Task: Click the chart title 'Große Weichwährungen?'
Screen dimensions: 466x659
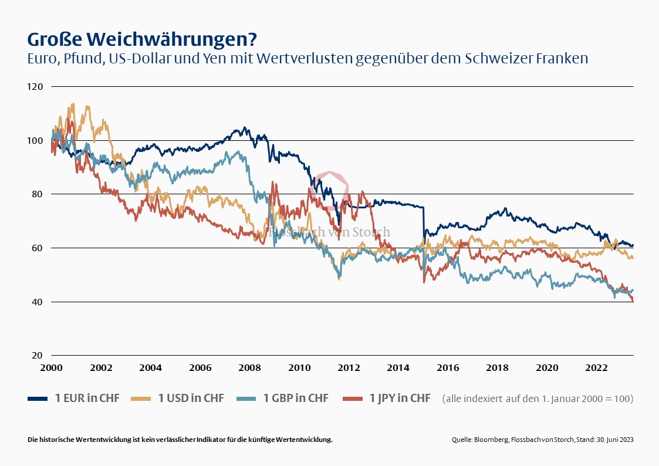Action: [x=141, y=39]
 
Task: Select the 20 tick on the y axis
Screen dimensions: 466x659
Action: [x=38, y=356]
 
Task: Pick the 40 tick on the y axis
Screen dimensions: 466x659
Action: [x=38, y=302]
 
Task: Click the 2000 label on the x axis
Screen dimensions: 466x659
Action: [x=52, y=368]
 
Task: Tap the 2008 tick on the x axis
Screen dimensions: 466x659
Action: [x=250, y=368]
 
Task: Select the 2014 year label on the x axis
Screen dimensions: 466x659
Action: [x=398, y=368]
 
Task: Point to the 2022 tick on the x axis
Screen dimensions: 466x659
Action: [x=597, y=368]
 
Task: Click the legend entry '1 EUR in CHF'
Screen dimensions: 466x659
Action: [x=87, y=399]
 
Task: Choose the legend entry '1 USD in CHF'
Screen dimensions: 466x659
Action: [x=191, y=399]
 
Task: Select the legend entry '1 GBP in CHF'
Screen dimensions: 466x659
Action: [x=295, y=399]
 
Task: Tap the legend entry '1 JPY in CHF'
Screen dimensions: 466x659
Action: [x=400, y=399]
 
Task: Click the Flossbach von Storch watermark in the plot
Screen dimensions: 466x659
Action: [x=329, y=232]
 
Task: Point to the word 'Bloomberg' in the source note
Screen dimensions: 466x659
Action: [x=492, y=440]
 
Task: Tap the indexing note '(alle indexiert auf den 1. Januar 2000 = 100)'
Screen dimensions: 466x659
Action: [x=538, y=399]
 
